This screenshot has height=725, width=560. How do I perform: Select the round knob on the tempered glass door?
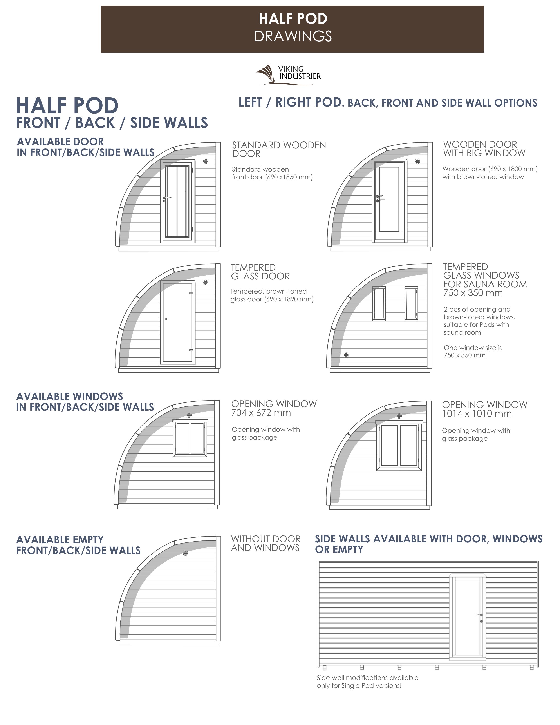pos(166,319)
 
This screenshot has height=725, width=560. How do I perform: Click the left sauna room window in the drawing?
pos(379,303)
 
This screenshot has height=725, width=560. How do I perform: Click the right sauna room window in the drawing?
pos(411,303)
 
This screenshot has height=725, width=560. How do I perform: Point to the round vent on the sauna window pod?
pos(346,355)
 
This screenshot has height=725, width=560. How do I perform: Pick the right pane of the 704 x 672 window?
pos(197,438)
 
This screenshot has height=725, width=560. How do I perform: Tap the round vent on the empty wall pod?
pos(185,553)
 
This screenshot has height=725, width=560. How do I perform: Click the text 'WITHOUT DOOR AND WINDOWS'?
pos(266,543)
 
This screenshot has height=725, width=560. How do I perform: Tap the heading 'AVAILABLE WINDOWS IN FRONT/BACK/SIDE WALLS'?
pos(85,402)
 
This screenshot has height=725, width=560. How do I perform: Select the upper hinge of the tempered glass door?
pos(191,293)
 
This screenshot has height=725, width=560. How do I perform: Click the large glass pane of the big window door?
pos(389,199)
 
